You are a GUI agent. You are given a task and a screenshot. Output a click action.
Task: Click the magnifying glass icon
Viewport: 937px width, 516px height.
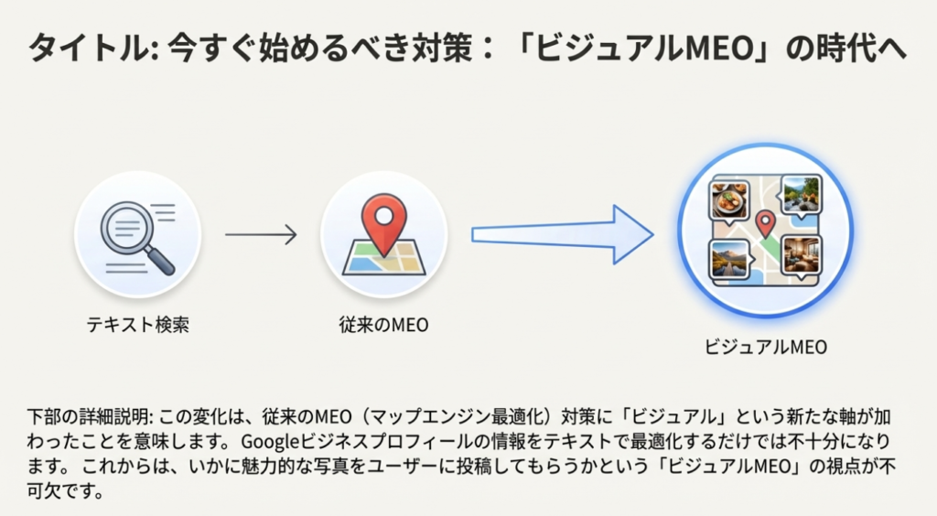(134, 231)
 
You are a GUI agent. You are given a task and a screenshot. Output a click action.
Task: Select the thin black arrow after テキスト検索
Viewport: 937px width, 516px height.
(261, 235)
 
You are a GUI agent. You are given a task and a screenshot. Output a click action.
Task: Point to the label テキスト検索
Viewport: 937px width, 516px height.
(138, 324)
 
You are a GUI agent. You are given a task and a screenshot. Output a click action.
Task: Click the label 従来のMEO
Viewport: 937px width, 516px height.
(383, 324)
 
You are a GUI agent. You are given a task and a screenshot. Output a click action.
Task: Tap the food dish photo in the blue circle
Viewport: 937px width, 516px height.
(729, 198)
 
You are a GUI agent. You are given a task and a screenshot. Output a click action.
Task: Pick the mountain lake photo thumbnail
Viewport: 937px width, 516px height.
(730, 258)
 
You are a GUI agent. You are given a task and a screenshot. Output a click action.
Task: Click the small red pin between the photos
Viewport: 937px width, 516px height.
(765, 222)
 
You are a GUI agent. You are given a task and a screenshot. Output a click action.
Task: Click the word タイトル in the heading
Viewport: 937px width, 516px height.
(82, 48)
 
